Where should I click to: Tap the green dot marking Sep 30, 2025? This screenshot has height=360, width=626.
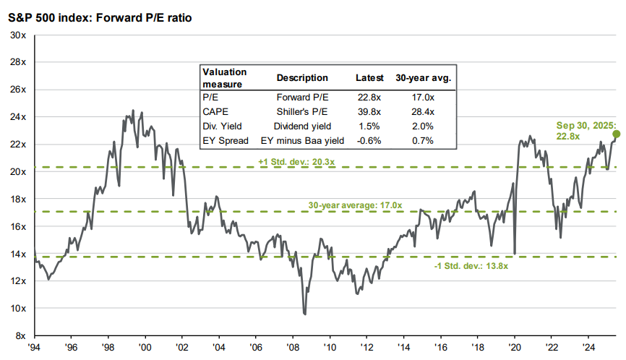[x=616, y=134]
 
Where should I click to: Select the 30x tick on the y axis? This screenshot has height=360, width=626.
[x=17, y=35]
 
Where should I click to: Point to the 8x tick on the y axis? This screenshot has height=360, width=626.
[x=20, y=336]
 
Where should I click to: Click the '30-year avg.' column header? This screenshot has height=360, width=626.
[x=423, y=78]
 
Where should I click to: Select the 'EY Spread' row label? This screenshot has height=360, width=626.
[x=225, y=140]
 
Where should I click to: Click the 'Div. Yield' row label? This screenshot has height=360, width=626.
[x=223, y=124]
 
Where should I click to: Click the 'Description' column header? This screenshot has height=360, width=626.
[x=302, y=78]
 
